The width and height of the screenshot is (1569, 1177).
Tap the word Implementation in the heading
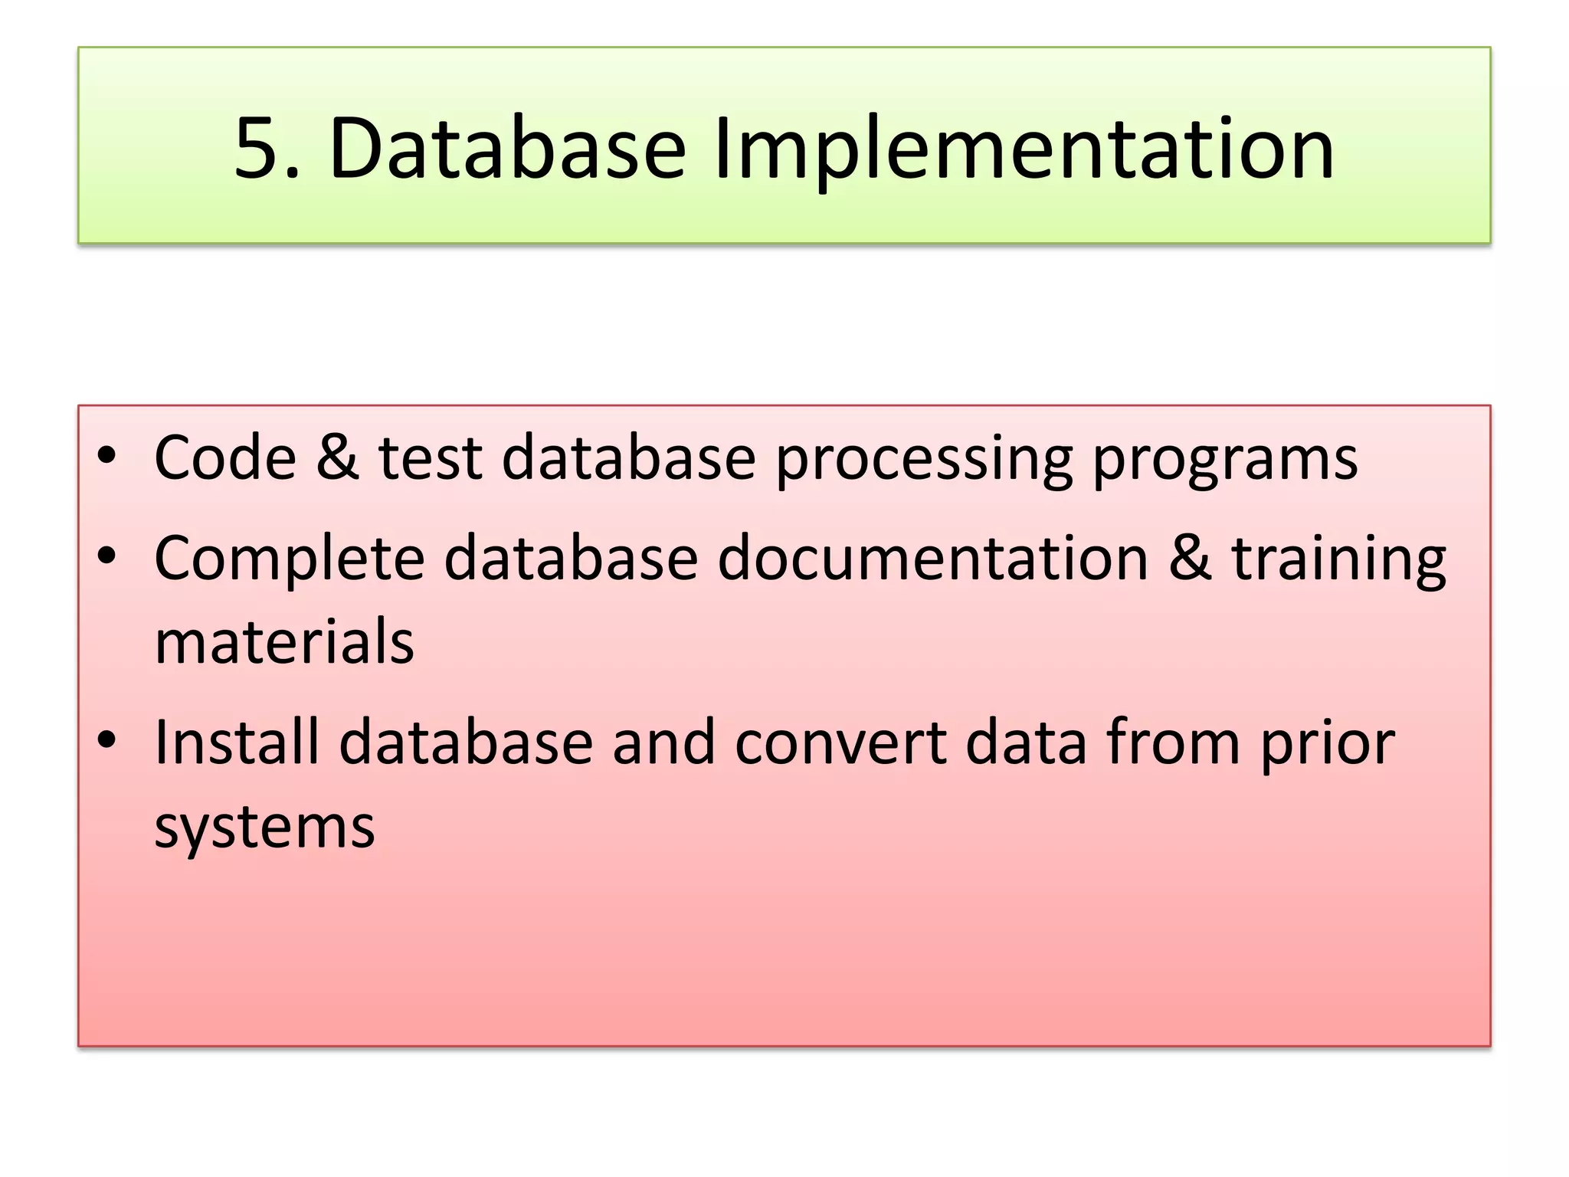coord(1024,149)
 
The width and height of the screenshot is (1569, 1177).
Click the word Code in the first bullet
coord(225,457)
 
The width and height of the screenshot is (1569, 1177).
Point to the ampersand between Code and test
coord(337,457)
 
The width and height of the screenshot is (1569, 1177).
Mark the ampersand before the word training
coord(1190,558)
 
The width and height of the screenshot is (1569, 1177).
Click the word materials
coord(284,641)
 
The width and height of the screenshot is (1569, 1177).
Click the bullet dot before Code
coord(106,455)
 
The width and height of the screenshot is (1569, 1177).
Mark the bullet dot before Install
coord(106,739)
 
